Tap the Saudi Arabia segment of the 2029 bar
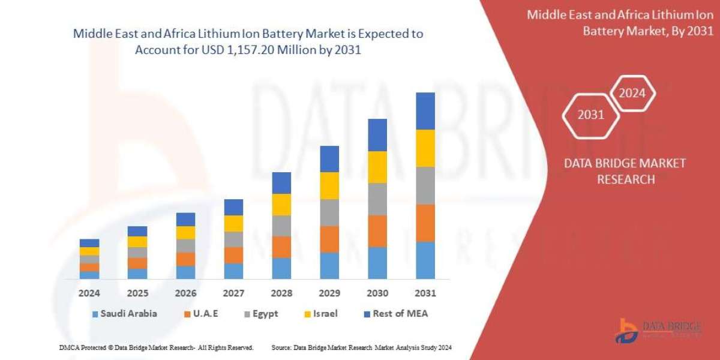(x=329, y=265)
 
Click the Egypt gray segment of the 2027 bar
(x=233, y=239)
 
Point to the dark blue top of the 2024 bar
(x=89, y=243)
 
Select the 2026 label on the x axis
(x=185, y=293)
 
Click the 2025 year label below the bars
(x=137, y=293)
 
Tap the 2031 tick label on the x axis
(x=425, y=293)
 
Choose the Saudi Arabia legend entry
(x=125, y=313)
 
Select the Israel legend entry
(x=320, y=313)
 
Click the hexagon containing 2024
(x=632, y=93)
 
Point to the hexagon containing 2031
(x=590, y=115)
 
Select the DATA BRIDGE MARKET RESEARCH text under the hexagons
(x=625, y=171)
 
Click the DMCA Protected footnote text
(x=156, y=347)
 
